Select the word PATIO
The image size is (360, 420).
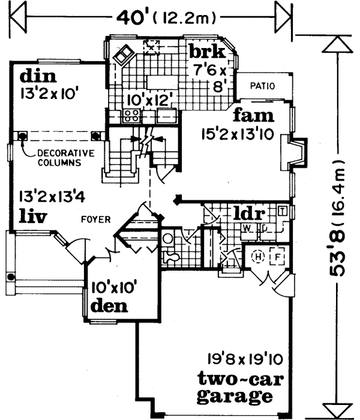(x=263, y=86)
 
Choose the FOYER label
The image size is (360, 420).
(x=96, y=220)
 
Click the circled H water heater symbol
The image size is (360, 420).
(x=259, y=256)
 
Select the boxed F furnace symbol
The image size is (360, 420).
(x=278, y=256)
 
